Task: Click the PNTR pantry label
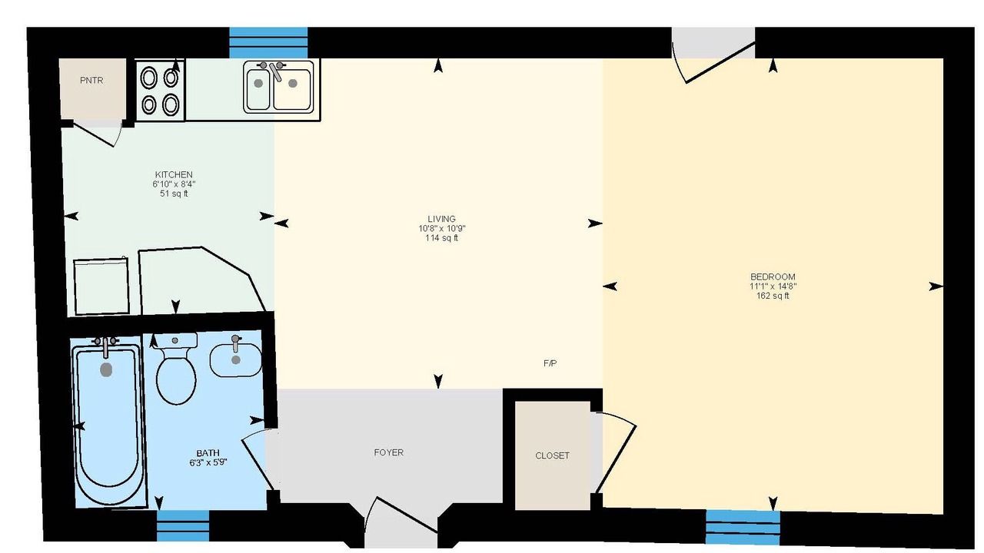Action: click(x=91, y=81)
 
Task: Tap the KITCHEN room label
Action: click(x=174, y=174)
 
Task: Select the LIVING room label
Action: click(x=441, y=219)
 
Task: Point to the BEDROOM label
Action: click(x=773, y=276)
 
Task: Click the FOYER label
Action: click(x=389, y=452)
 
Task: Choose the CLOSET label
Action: click(x=552, y=455)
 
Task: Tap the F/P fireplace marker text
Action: click(x=550, y=363)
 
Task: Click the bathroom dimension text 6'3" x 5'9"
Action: click(x=208, y=462)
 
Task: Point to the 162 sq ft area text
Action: click(x=773, y=296)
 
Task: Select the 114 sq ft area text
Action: click(x=441, y=238)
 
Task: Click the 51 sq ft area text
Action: click(x=174, y=194)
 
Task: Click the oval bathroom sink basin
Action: click(x=236, y=360)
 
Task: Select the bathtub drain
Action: click(x=106, y=369)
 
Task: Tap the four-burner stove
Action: click(x=160, y=91)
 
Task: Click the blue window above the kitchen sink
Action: click(x=268, y=42)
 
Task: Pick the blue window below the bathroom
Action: click(x=183, y=526)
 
